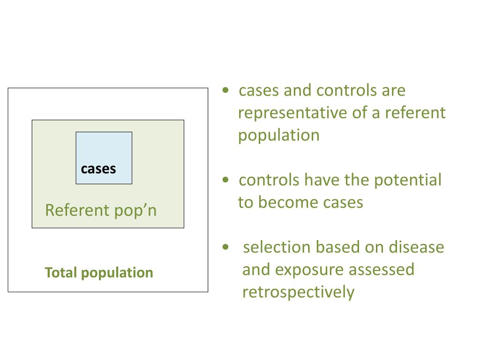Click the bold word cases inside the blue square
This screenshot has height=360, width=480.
[x=98, y=169]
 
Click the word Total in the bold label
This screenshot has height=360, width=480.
[x=60, y=273]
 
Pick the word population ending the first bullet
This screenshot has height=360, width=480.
[x=278, y=135]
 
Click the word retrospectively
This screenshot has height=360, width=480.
[x=298, y=292]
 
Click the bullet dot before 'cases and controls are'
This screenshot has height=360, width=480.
[x=226, y=91]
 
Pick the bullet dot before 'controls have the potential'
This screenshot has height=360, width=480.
[x=226, y=180]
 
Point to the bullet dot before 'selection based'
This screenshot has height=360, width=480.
[x=226, y=247]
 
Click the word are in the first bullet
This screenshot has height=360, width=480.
[x=393, y=90]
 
